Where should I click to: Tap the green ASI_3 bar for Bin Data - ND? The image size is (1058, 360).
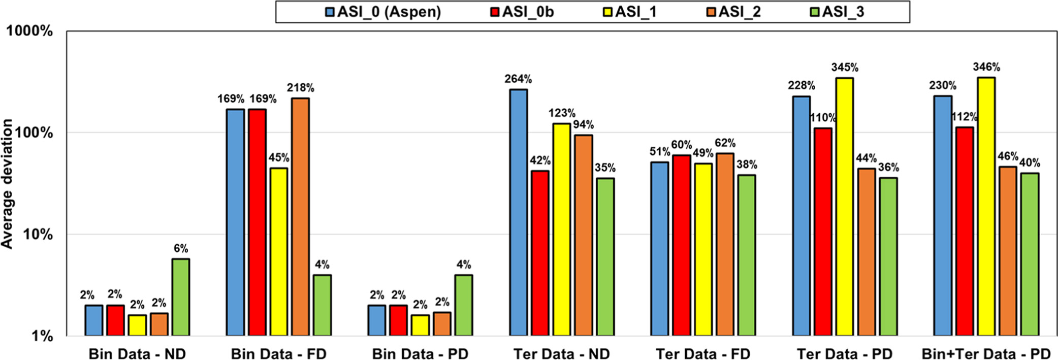181,297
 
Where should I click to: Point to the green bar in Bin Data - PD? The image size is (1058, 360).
464,305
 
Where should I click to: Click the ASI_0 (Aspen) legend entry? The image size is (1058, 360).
383,12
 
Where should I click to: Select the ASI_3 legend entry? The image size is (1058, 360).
837,12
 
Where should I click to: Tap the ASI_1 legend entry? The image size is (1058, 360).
629,12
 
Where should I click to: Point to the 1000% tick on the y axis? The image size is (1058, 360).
29,31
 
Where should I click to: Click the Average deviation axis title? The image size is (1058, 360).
7,184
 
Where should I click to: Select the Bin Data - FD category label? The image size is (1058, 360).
278,353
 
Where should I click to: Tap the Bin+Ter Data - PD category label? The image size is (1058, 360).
986,353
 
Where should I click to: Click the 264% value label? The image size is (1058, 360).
518,79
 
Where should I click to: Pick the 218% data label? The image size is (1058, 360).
300,88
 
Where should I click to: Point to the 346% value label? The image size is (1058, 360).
986,67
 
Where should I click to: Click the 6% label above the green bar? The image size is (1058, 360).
181,248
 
